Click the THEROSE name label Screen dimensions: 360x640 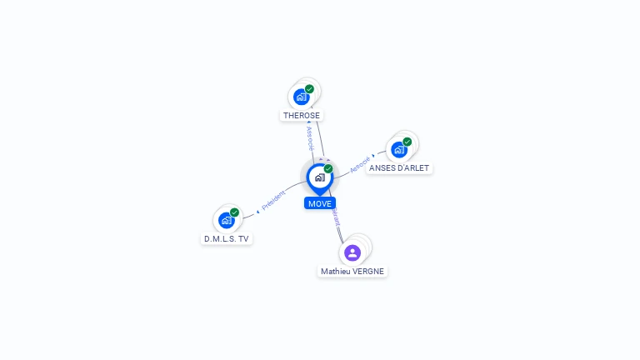[x=302, y=116]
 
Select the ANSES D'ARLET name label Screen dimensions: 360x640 [x=399, y=167]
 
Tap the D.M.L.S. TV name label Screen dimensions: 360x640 [x=227, y=238]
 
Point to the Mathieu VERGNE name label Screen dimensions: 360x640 [x=352, y=272]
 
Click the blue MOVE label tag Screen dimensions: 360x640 [x=320, y=203]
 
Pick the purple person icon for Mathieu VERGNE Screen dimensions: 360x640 [x=352, y=252]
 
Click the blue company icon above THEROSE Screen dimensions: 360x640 [x=301, y=97]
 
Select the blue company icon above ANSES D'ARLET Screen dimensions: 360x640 [x=398, y=149]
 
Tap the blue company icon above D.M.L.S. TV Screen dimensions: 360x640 [x=226, y=220]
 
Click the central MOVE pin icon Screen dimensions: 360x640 [x=319, y=177]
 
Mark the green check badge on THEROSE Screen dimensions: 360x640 [x=309, y=89]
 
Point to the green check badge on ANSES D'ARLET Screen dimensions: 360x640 [x=407, y=142]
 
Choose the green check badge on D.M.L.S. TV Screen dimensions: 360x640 [x=234, y=212]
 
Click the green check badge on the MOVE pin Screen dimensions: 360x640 [x=328, y=169]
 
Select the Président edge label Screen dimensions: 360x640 [x=273, y=200]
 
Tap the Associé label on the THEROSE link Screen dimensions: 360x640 [x=310, y=137]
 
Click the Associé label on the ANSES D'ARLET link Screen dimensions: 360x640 [x=359, y=163]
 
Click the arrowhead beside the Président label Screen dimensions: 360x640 [x=257, y=212]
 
